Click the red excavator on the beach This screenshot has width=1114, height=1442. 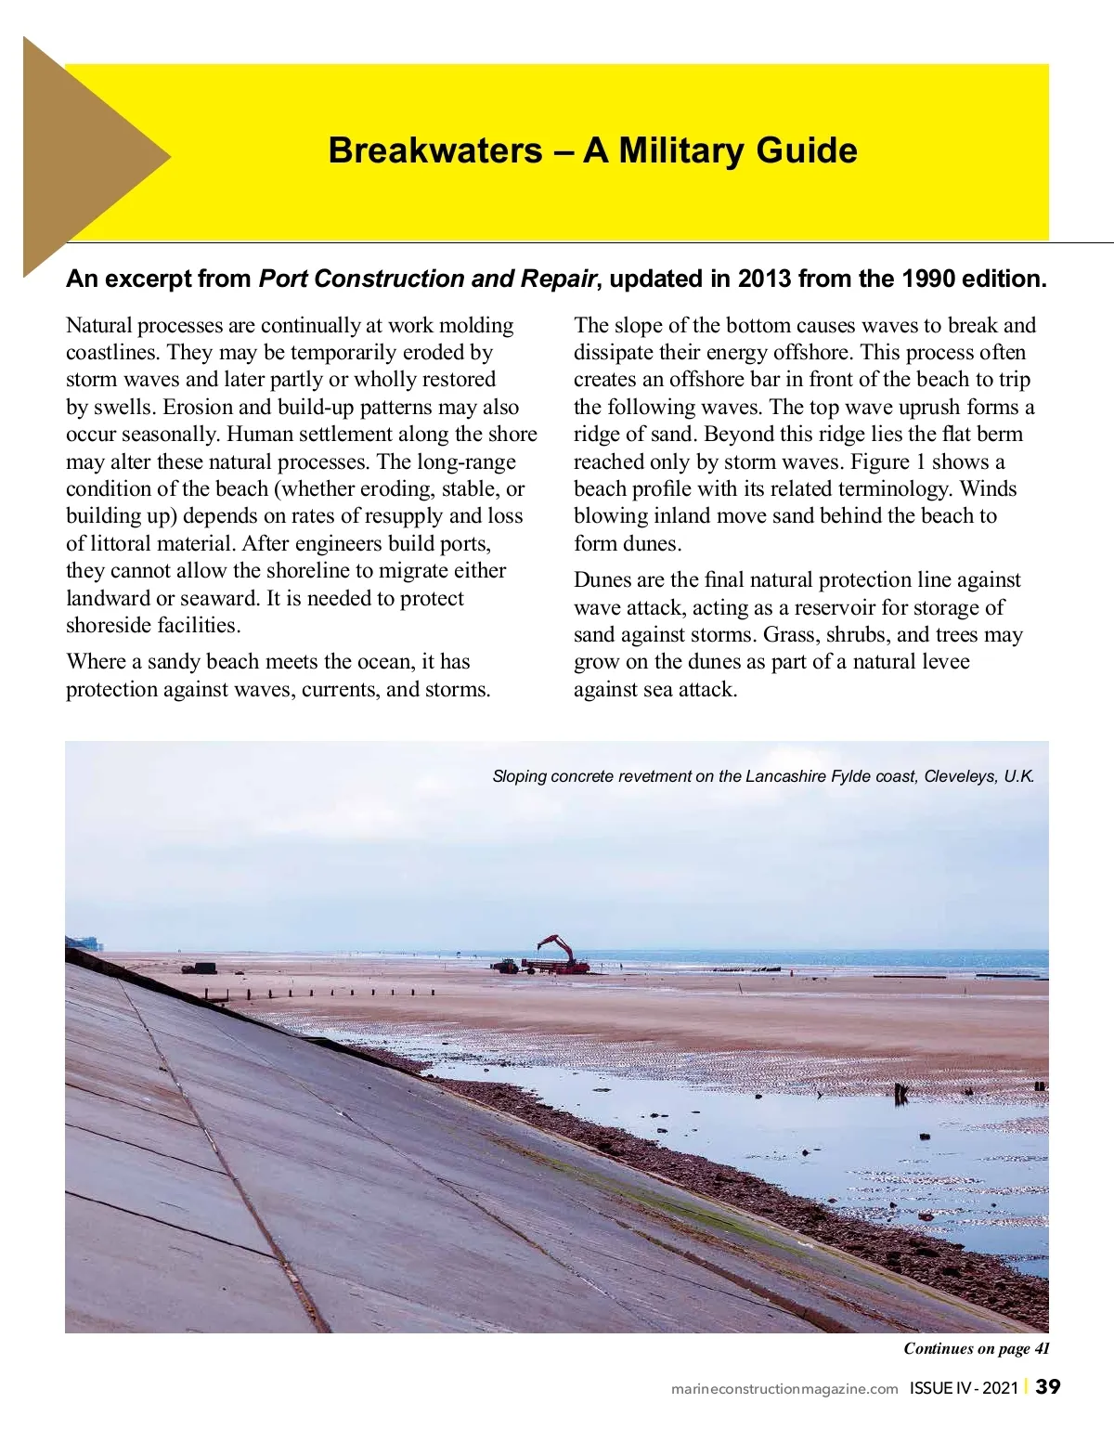click(x=560, y=955)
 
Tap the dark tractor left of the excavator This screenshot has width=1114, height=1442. click(x=505, y=966)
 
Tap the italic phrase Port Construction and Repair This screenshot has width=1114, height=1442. click(x=426, y=279)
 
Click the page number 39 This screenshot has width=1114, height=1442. click(x=1047, y=1387)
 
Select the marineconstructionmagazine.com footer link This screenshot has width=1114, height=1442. click(x=784, y=1389)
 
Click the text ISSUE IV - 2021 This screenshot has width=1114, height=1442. click(x=964, y=1389)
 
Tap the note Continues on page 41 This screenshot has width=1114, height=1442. click(x=977, y=1348)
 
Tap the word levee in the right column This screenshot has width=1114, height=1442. click(x=943, y=662)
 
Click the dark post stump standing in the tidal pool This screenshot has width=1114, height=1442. click(x=900, y=1093)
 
